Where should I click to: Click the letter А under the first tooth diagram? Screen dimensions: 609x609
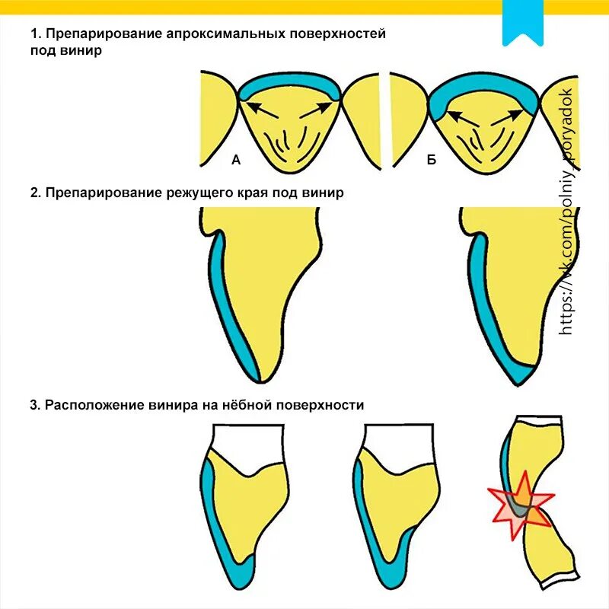236,160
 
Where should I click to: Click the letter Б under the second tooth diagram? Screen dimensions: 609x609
432,160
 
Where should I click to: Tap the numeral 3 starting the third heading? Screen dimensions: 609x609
34,405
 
